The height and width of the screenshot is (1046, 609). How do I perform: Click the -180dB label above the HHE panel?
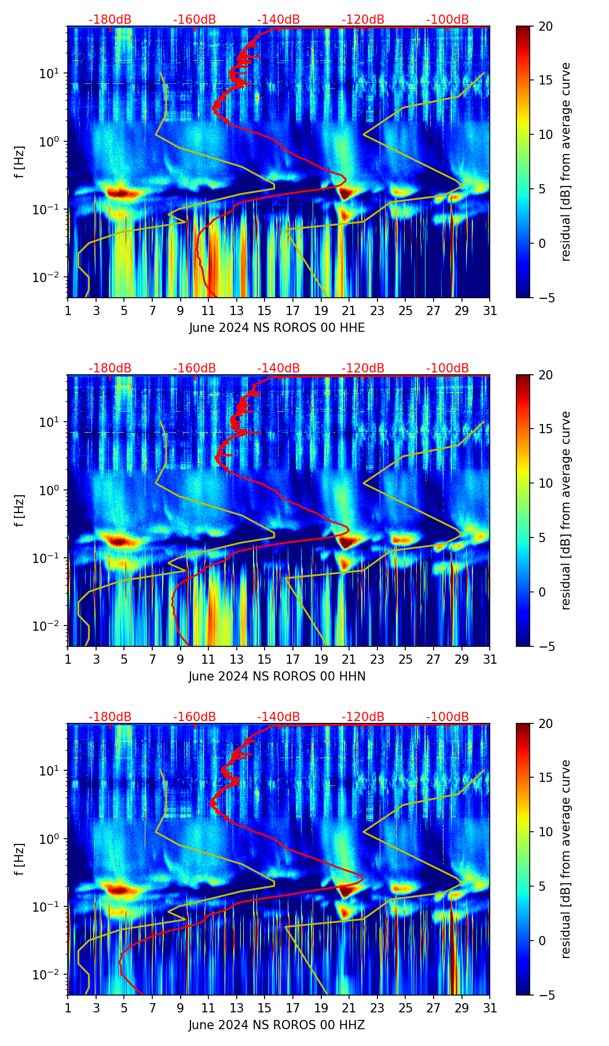110,20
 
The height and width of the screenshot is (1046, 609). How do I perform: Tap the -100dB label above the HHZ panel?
447,717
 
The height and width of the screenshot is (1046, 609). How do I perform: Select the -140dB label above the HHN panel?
278,368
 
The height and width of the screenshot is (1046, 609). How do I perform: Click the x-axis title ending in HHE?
277,328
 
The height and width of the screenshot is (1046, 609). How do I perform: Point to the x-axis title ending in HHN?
277,676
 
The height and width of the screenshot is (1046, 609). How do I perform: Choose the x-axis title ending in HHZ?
277,1025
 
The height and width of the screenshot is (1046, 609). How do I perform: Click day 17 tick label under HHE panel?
293,310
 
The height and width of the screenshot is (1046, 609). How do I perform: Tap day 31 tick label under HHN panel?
490,659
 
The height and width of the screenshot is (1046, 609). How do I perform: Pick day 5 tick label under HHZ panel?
124,1008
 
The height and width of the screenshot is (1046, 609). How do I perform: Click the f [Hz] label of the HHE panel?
20,162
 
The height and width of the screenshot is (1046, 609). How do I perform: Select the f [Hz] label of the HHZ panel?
20,859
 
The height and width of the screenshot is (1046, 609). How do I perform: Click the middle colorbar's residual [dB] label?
566,510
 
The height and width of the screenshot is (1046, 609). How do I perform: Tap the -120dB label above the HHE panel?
363,20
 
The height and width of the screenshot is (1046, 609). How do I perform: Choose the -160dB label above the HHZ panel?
195,717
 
